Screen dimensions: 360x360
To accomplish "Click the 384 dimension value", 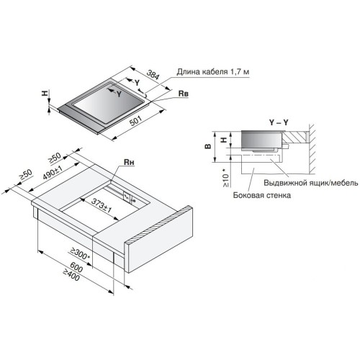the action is [153, 75].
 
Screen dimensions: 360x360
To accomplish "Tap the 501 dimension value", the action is [135, 121].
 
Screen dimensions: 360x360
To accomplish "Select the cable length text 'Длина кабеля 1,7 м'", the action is [213, 72].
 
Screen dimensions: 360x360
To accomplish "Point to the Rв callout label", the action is [184, 94].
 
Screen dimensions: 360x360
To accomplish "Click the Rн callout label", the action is [129, 163].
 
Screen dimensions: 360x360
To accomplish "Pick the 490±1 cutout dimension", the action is [53, 173].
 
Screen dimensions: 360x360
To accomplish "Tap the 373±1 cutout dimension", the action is [102, 206].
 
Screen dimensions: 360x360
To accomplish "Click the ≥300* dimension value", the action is [80, 253].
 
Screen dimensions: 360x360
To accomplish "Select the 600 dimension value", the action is [76, 267].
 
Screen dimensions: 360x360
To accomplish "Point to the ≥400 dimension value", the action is [71, 275].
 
